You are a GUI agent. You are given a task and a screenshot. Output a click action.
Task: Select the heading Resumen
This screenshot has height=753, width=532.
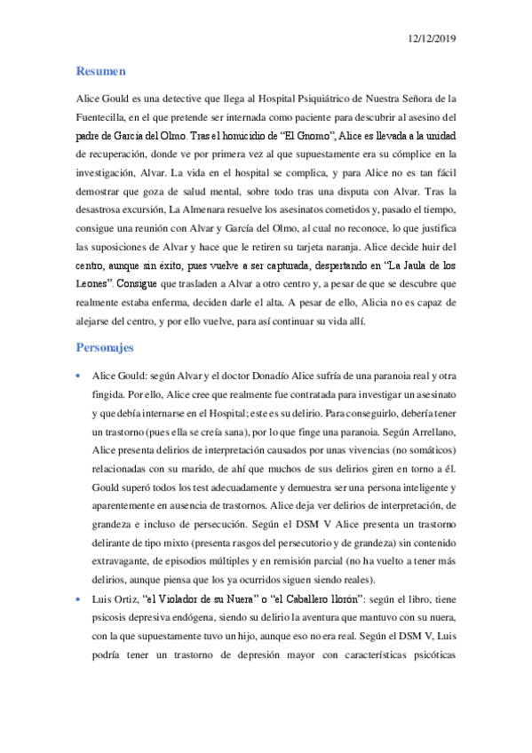click(99, 70)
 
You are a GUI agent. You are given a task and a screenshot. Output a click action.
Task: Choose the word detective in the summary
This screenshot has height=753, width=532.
click(184, 97)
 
